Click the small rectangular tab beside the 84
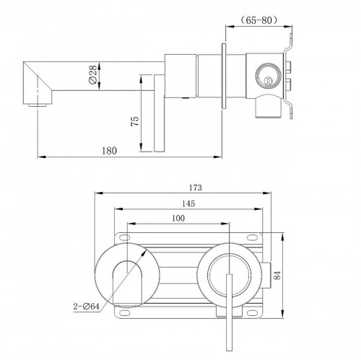[271, 273]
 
